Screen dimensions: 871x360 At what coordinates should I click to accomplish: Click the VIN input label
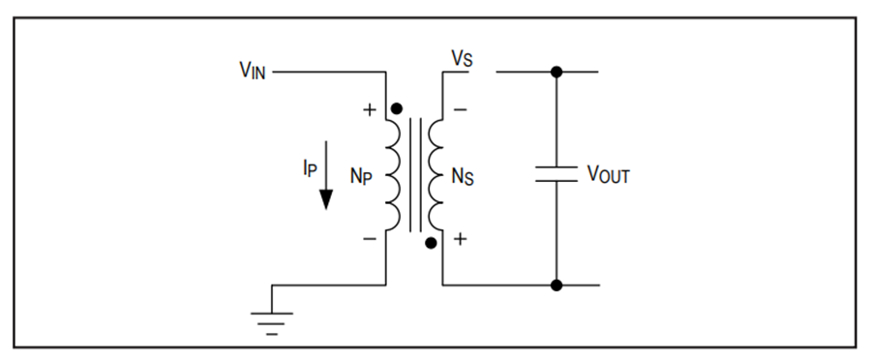[253, 71]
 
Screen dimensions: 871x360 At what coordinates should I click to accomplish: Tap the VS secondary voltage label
[462, 59]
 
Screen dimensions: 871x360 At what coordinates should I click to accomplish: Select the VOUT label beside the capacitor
[609, 174]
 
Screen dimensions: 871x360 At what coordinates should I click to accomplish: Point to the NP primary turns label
[361, 176]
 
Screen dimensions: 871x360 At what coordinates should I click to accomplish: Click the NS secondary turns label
[463, 177]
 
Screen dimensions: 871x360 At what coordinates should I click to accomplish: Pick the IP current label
[310, 167]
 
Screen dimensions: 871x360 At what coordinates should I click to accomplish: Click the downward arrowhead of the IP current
[326, 199]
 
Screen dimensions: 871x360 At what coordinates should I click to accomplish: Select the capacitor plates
[556, 174]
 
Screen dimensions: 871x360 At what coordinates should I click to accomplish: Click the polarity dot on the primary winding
[397, 109]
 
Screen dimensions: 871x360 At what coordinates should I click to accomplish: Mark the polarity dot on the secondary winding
[431, 243]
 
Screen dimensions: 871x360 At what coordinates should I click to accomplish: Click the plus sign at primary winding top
[370, 110]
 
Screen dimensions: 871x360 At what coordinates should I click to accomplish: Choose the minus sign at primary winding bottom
[370, 239]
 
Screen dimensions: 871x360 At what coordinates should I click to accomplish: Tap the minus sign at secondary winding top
[460, 110]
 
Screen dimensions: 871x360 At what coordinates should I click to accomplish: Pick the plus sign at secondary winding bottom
[460, 239]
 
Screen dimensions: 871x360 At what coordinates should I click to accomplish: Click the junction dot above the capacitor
[556, 72]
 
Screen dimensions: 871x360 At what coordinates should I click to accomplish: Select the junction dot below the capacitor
[556, 285]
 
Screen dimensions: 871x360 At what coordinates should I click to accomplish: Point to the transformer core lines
[415, 174]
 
